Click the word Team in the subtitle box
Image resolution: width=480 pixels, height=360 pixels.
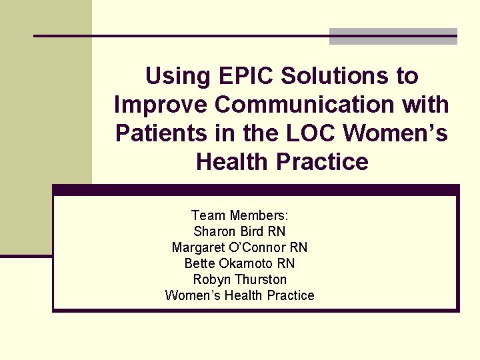pyautogui.click(x=209, y=215)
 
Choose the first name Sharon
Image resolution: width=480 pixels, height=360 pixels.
pyautogui.click(x=213, y=231)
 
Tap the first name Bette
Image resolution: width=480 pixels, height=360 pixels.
pyautogui.click(x=199, y=263)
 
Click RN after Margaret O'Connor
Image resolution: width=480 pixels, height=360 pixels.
pyautogui.click(x=299, y=247)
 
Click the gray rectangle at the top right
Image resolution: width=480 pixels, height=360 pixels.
pyautogui.click(x=393, y=37)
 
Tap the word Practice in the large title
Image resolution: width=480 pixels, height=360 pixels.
pyautogui.click(x=325, y=162)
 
